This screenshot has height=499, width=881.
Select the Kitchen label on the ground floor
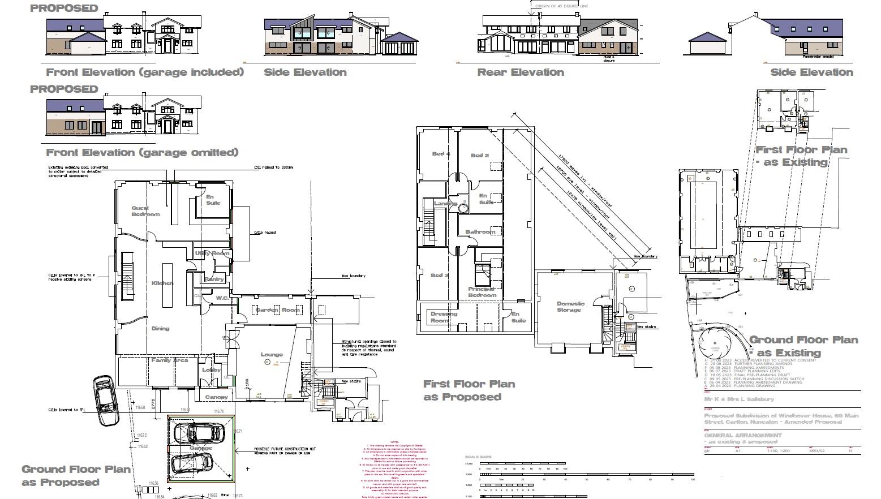click(162, 283)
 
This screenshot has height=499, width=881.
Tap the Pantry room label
click(214, 279)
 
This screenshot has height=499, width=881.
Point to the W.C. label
click(222, 298)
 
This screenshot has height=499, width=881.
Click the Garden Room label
click(277, 310)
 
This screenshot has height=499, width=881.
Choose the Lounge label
click(272, 355)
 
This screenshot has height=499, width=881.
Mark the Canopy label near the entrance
click(217, 397)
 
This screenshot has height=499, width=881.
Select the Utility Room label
click(213, 253)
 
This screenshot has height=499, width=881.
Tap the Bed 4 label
click(441, 154)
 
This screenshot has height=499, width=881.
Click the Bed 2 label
click(480, 155)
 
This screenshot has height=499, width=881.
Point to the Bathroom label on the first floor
click(480, 231)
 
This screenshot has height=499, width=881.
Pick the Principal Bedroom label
click(482, 292)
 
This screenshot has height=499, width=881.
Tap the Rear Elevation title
click(521, 72)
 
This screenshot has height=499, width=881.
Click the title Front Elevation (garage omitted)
click(142, 153)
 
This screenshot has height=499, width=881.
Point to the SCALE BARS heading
click(478, 457)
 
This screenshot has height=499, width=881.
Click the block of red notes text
click(394, 470)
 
